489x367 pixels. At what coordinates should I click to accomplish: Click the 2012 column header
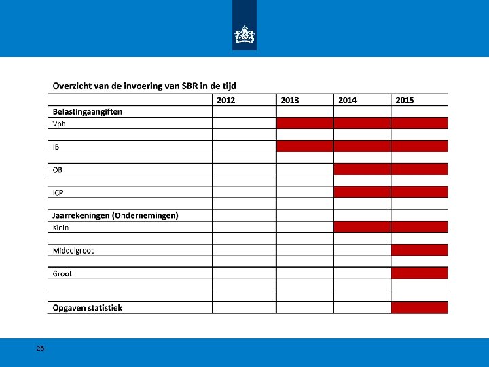(226, 100)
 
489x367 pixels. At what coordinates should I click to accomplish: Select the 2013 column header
(290, 100)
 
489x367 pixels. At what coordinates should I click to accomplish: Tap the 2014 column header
(347, 100)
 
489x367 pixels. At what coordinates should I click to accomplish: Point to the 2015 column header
(404, 100)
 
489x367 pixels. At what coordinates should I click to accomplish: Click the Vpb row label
(60, 124)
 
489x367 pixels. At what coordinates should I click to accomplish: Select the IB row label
(56, 147)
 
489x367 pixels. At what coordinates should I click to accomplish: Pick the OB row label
(58, 169)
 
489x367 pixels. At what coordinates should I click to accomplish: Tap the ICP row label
(59, 192)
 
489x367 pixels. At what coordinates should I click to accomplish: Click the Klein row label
(61, 227)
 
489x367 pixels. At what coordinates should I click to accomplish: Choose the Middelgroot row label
(73, 250)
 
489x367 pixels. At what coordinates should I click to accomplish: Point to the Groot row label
(62, 273)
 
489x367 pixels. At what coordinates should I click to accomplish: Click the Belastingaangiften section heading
(88, 111)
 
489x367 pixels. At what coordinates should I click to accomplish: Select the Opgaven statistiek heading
(88, 308)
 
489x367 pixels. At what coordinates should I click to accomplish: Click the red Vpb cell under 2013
(305, 123)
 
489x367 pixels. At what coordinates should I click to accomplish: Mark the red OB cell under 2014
(362, 169)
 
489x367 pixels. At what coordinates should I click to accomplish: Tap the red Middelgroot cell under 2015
(420, 249)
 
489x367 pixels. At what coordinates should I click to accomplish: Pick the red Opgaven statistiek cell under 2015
(420, 308)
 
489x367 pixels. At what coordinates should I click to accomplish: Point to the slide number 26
(41, 348)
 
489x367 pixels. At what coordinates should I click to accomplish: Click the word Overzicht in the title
(73, 86)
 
